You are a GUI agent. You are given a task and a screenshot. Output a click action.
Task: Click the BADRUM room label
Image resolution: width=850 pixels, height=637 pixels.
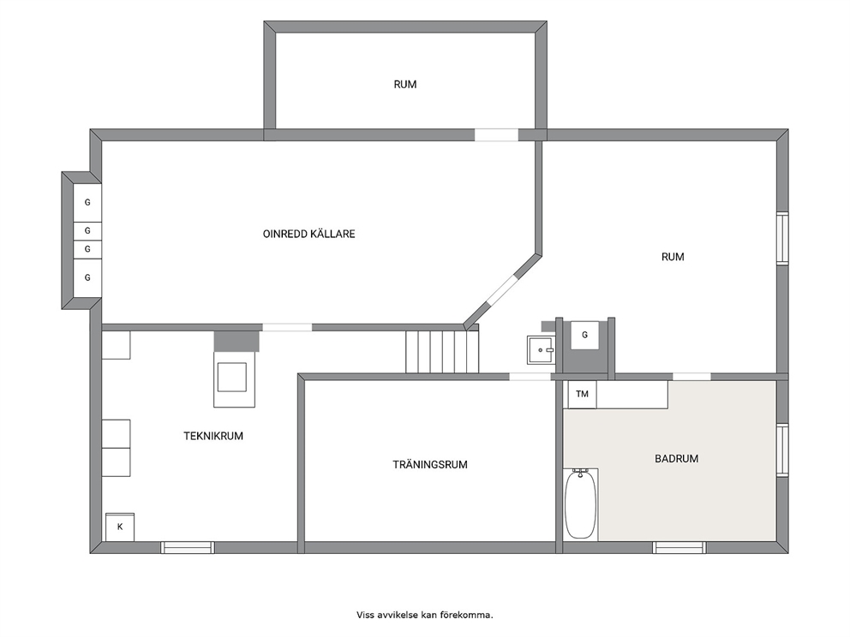pos(676,459)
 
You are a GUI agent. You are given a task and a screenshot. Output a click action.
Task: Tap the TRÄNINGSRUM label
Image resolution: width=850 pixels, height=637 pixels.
pos(430,465)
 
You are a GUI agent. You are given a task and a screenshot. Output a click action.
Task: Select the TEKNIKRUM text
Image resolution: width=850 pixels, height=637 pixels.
pos(213,436)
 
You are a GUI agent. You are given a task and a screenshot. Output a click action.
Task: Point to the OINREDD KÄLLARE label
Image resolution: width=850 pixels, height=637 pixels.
pos(309,234)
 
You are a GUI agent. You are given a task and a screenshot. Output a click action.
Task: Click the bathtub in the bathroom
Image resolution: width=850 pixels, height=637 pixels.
pos(581,504)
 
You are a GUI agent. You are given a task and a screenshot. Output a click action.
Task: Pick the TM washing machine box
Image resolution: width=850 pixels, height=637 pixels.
pos(582,395)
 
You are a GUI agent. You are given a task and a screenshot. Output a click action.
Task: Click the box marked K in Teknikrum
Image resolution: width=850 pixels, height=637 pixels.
pos(120,527)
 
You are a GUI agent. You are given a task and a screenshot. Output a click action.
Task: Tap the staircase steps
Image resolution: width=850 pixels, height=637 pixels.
pos(442,352)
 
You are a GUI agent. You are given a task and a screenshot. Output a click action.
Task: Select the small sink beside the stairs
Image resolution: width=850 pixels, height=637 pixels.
pos(541,350)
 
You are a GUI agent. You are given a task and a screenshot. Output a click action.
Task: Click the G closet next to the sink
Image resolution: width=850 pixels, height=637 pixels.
pos(584,336)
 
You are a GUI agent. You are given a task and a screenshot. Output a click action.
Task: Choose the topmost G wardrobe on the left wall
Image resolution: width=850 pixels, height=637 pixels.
pos(87,203)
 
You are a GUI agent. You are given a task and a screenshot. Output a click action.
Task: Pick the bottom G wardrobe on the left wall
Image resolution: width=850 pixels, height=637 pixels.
pos(87,278)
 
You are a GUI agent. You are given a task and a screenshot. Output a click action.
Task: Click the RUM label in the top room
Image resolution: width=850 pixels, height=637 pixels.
pos(405,85)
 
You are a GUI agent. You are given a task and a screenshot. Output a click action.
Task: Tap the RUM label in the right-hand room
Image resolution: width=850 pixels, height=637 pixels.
pos(673,257)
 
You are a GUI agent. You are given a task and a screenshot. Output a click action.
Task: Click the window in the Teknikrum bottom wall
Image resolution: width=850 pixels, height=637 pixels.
pos(188,548)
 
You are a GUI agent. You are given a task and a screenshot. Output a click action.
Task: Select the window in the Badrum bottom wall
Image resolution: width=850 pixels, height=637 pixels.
pos(679,548)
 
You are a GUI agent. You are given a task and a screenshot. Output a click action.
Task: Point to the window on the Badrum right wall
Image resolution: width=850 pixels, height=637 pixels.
pos(782,450)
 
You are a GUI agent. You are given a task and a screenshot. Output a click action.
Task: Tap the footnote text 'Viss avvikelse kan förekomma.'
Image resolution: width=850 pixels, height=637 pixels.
pos(425,615)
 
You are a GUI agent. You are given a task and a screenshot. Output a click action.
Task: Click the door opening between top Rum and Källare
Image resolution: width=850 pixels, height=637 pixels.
pos(497,135)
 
